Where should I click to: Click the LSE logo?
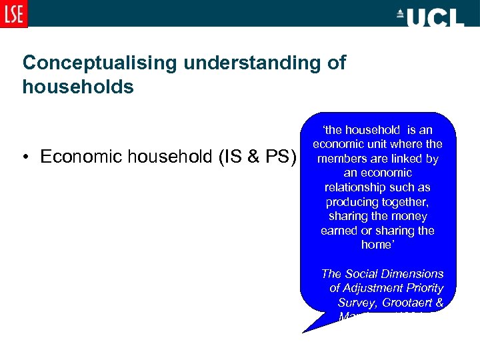14,14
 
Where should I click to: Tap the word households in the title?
78,87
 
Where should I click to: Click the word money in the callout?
411,216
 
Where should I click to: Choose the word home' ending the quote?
377,245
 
